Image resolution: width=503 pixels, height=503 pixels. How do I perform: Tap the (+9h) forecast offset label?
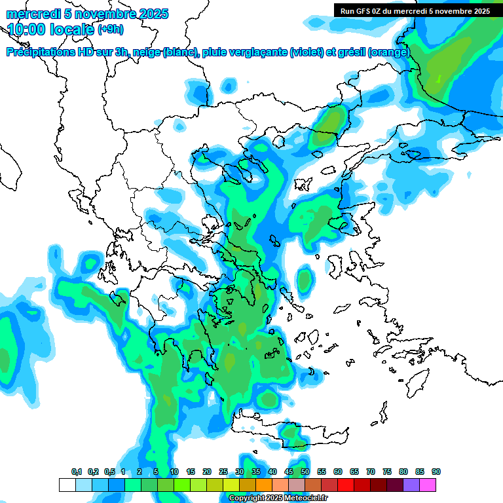tap(110, 29)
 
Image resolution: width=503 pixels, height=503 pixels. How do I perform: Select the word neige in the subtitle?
tap(145, 52)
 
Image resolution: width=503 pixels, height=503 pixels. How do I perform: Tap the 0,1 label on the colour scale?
tap(76, 472)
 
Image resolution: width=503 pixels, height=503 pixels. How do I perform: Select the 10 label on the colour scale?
tap(174, 472)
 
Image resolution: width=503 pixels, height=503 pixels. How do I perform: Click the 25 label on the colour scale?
tap(223, 472)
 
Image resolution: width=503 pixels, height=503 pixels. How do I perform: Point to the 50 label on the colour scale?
tap(305, 472)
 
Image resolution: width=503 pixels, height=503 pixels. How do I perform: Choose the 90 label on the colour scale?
tap(436, 472)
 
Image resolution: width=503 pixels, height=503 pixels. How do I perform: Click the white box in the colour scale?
tap(67, 485)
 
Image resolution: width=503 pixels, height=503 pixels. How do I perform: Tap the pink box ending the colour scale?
tap(428, 485)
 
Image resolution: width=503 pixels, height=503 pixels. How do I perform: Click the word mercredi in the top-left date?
tap(29, 14)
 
